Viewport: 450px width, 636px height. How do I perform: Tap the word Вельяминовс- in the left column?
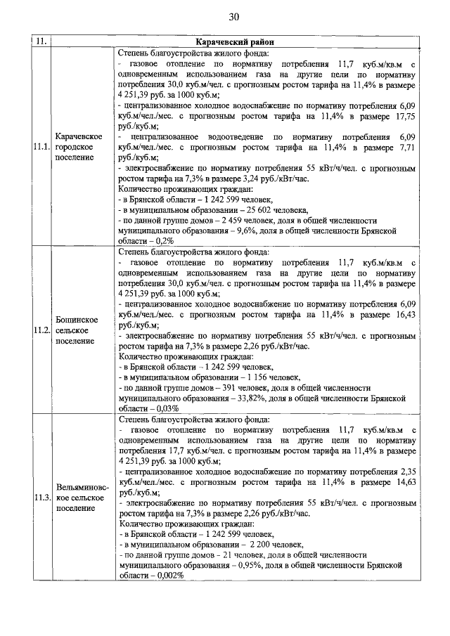point(79,487)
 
